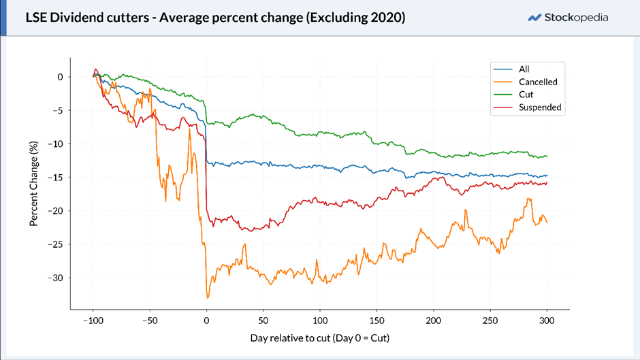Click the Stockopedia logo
pyautogui.click(x=568, y=18)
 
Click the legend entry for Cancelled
pyautogui.click(x=526, y=82)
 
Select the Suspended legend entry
pyautogui.click(x=528, y=108)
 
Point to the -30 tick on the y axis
pyautogui.click(x=56, y=278)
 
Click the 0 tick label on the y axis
pyautogui.click(x=61, y=77)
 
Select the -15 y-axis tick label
pyautogui.click(x=56, y=177)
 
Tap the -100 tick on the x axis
pyautogui.click(x=93, y=321)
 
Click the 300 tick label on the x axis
pyautogui.click(x=547, y=321)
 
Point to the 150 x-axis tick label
pyautogui.click(x=377, y=321)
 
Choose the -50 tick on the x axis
pyautogui.click(x=150, y=321)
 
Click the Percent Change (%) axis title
pyautogui.click(x=33, y=184)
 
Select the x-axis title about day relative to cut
pyautogui.click(x=320, y=338)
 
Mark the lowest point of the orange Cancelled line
pyautogui.click(x=208, y=298)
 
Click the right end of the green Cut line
pyautogui.click(x=547, y=156)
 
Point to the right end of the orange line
pyautogui.click(x=547, y=223)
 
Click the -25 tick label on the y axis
pyautogui.click(x=56, y=244)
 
